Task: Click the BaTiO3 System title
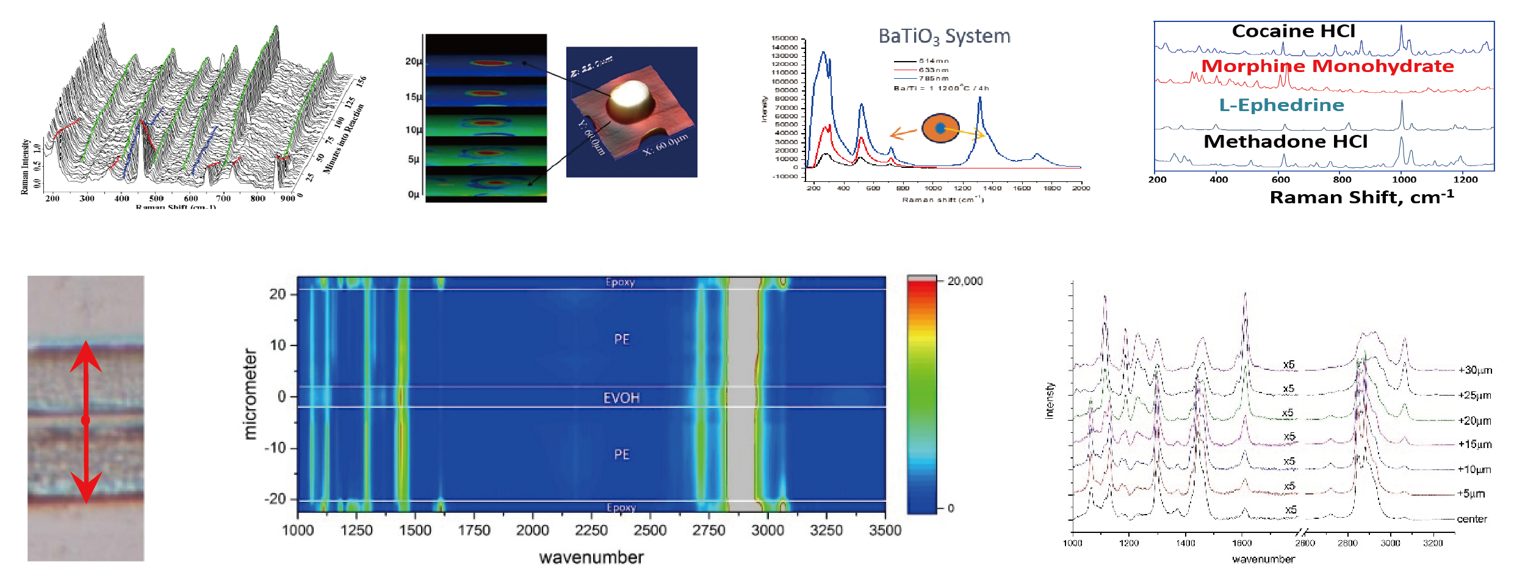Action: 944,37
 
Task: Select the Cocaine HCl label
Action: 1293,31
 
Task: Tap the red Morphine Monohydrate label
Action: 1327,66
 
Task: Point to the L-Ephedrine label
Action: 1281,105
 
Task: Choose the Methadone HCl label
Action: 1285,142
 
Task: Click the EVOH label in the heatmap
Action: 621,398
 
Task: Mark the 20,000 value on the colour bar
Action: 965,281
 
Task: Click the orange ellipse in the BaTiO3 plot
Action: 940,128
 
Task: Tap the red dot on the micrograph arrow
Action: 85,420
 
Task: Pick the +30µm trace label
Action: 1475,370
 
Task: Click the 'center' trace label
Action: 1472,519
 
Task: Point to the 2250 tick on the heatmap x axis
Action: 591,530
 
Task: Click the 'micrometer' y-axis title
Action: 250,394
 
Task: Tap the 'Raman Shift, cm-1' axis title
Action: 1361,197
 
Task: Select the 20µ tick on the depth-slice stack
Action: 413,62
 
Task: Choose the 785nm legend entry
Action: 933,79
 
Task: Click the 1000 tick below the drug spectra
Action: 1404,179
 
